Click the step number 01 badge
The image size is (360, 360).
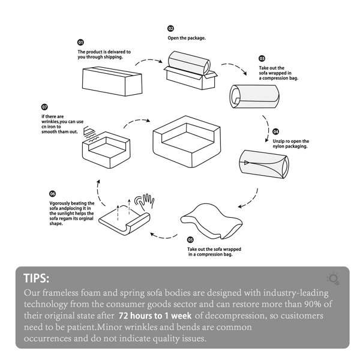click(x=80, y=42)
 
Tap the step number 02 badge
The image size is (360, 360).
click(x=170, y=28)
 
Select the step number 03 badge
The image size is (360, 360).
click(x=262, y=58)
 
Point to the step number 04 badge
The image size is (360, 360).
click(x=275, y=131)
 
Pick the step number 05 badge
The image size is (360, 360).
click(x=190, y=239)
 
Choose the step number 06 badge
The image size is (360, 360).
click(x=52, y=194)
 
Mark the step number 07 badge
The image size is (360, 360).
click(x=44, y=107)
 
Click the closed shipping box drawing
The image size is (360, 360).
click(x=112, y=81)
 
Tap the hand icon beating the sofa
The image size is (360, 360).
click(x=145, y=202)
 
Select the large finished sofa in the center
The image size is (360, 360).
click(x=187, y=142)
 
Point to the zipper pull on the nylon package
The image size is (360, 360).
click(x=246, y=163)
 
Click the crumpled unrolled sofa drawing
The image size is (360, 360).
click(x=211, y=221)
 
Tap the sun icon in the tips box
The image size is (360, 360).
click(x=334, y=278)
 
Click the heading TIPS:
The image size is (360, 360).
click(x=36, y=278)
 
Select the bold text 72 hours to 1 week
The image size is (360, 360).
click(x=155, y=316)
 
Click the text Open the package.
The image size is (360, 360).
click(x=187, y=38)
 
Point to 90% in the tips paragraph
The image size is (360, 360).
click(x=313, y=304)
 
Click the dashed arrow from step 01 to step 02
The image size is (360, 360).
click(x=149, y=60)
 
